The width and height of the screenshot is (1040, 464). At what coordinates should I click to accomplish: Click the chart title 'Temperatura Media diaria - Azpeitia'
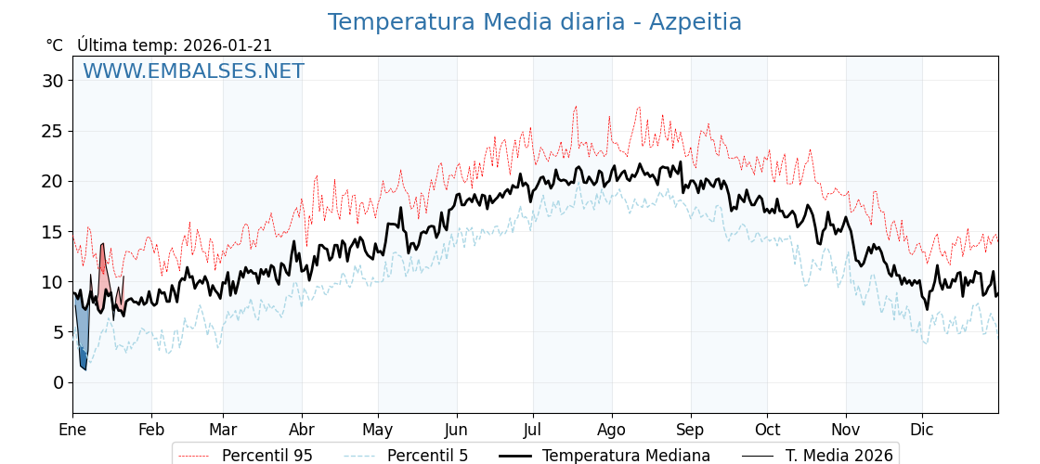click(534, 22)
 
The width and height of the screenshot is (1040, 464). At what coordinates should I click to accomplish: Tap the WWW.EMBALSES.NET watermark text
click(193, 71)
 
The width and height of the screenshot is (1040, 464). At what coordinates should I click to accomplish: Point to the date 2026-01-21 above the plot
click(227, 45)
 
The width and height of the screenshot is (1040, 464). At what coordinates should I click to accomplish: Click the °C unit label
click(54, 45)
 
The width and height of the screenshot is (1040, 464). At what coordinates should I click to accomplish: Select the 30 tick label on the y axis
click(53, 81)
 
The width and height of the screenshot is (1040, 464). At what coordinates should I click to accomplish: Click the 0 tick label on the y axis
click(58, 382)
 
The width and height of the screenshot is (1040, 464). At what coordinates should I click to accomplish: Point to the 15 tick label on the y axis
click(53, 232)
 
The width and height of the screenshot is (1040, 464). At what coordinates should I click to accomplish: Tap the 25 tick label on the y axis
click(53, 131)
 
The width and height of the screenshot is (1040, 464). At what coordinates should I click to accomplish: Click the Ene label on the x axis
click(72, 431)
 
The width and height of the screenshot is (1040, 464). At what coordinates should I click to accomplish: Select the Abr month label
click(302, 431)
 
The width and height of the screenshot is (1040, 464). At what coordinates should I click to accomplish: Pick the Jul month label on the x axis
click(533, 431)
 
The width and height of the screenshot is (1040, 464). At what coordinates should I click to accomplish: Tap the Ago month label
click(612, 431)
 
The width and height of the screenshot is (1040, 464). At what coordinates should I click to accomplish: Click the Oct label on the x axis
click(768, 431)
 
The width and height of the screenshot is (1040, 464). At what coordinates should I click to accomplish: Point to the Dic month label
click(922, 431)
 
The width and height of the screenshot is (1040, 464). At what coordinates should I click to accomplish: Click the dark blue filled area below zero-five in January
click(83, 358)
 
